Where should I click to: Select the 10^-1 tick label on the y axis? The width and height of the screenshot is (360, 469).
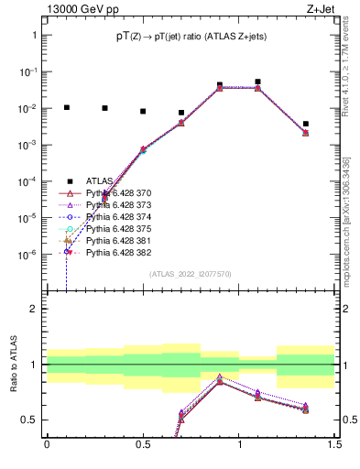[29, 71]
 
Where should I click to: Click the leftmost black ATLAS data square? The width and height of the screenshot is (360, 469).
[66, 107]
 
